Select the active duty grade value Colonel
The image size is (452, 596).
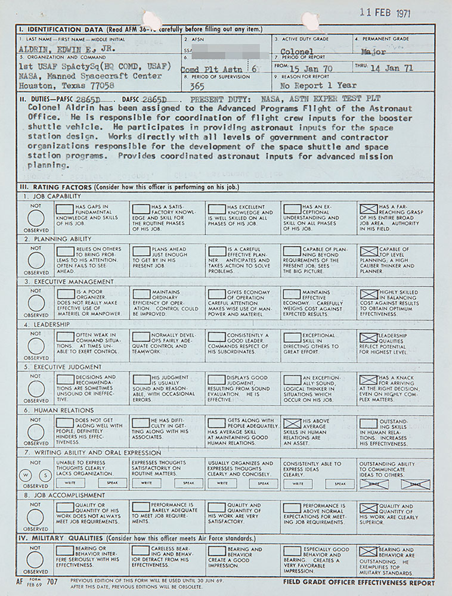click(298, 52)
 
